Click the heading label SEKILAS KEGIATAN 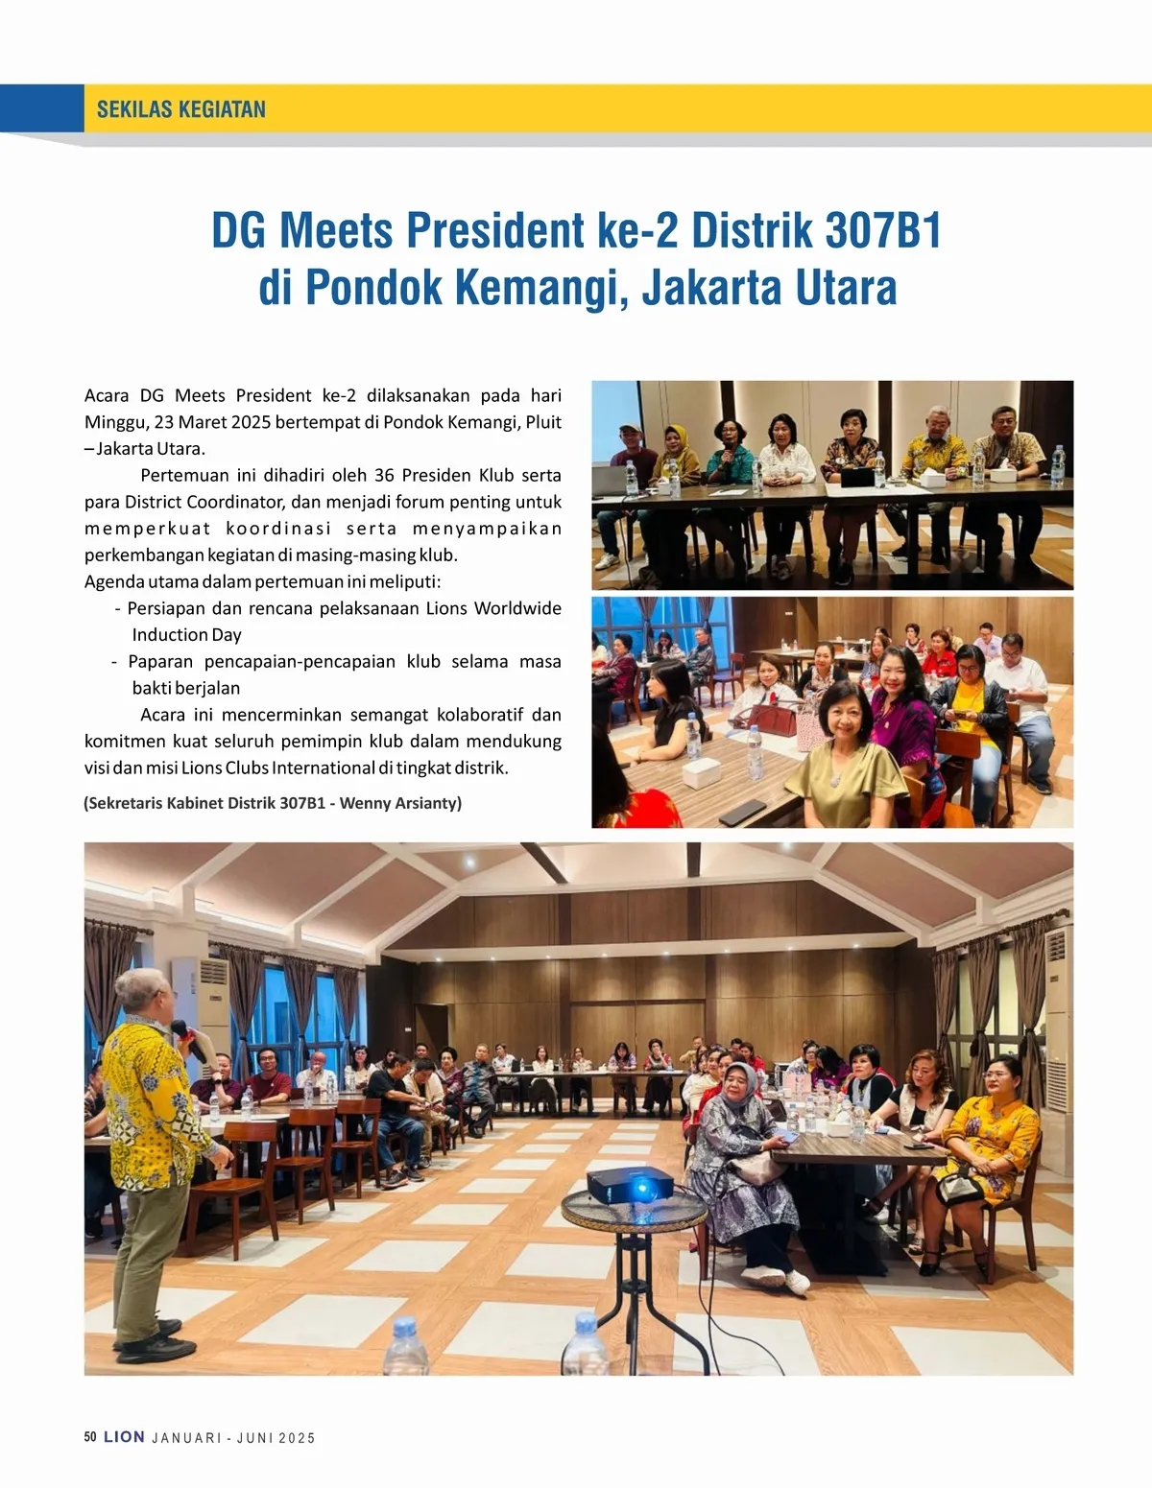(180, 109)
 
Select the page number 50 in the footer (90, 1437)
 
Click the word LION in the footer (124, 1437)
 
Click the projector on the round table (630, 1186)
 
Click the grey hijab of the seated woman (738, 1085)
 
